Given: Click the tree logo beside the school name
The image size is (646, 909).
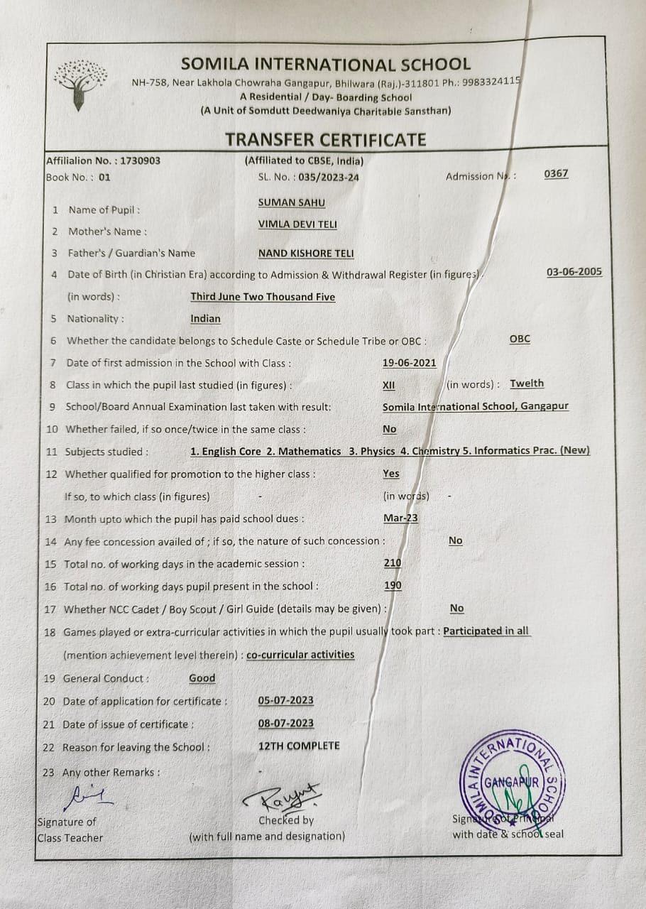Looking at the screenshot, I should [82, 83].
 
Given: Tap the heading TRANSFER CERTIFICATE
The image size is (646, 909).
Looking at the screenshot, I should [326, 139].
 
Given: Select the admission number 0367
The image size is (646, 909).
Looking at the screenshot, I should [556, 173].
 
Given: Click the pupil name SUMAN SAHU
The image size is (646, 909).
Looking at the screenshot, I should [292, 202].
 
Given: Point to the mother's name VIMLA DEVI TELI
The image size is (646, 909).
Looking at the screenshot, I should [297, 224].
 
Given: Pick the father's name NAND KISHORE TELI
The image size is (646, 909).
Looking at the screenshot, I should [306, 253].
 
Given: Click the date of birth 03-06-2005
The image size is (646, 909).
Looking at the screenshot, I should [574, 271].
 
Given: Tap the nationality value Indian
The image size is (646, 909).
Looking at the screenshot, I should [205, 318].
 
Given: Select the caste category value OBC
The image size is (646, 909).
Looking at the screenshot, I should [520, 339].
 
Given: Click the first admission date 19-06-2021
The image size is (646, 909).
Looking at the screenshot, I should [410, 362].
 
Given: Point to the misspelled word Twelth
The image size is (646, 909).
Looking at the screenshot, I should [527, 383].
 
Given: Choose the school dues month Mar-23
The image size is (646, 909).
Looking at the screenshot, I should [400, 518].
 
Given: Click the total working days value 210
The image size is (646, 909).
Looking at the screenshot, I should [392, 562].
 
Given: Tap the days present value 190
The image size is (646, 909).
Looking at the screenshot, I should [393, 585].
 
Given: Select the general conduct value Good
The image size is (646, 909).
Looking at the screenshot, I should [202, 677].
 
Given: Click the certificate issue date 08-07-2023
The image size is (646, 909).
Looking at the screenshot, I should [286, 723].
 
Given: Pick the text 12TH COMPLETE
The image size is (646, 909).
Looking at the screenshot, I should [299, 746].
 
